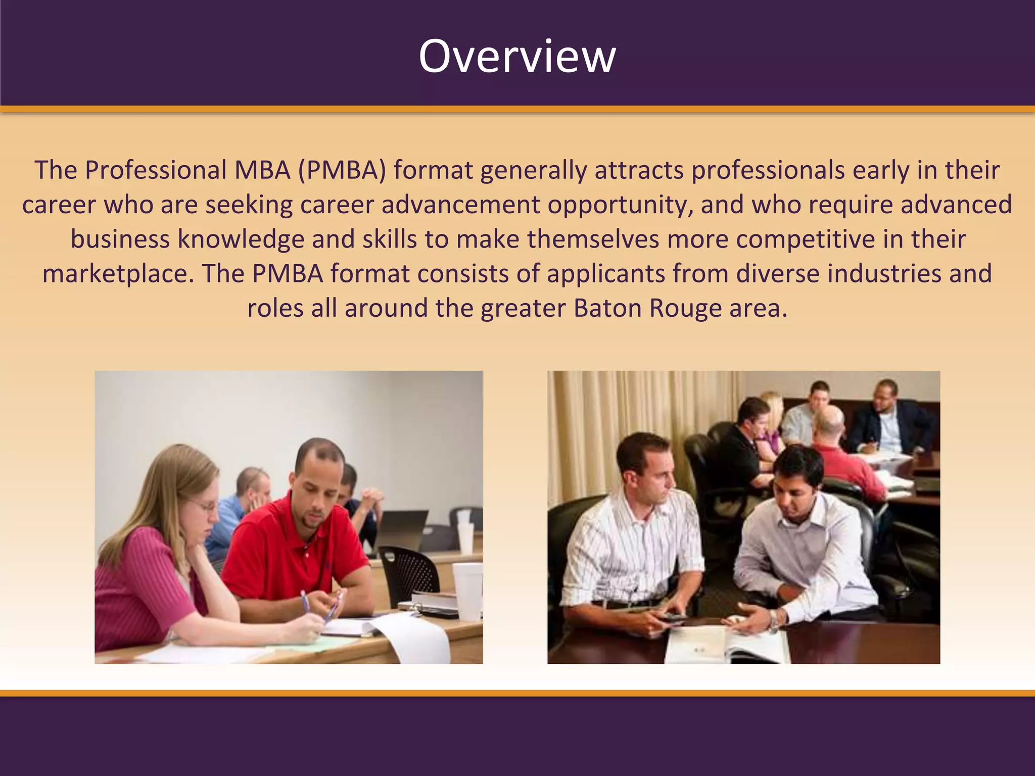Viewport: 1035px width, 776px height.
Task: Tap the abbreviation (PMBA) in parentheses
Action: (x=342, y=170)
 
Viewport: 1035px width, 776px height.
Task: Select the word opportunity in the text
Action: (x=620, y=205)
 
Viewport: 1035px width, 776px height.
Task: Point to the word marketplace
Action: (x=118, y=274)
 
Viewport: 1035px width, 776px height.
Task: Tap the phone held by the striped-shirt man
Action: (x=672, y=617)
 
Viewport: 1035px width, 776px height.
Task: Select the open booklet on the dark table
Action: (x=728, y=644)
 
